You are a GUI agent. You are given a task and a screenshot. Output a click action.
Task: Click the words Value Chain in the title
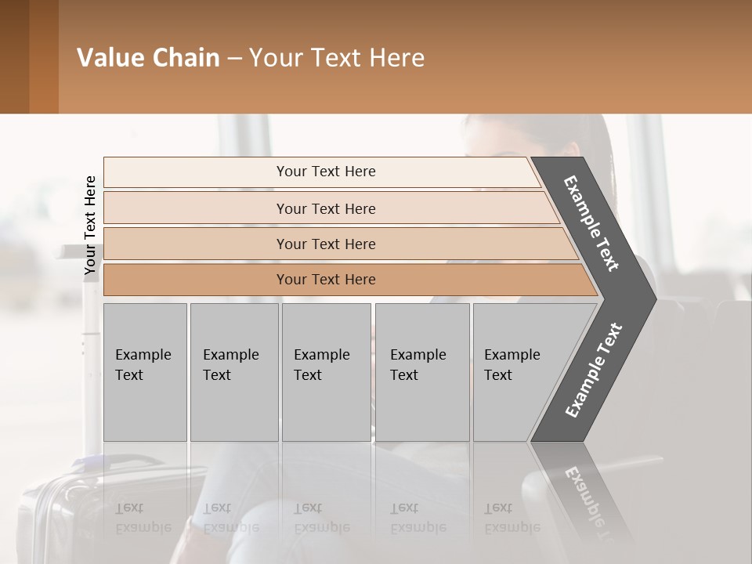coord(148,58)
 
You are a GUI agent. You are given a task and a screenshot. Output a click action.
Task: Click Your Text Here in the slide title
coord(337,58)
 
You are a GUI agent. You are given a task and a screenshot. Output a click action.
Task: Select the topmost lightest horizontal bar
coord(325,172)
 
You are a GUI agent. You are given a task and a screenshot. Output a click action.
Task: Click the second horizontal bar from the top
coord(325,208)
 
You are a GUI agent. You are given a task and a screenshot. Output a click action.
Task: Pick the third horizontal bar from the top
coord(325,244)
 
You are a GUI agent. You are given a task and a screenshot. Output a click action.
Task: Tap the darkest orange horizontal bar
coord(325,280)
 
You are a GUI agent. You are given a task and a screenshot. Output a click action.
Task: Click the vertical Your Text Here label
coord(90,225)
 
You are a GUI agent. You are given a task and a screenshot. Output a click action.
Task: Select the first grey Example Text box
coord(145,371)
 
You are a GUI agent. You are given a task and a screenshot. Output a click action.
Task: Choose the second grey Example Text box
coord(233,371)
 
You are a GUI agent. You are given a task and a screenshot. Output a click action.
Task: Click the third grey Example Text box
coord(326,371)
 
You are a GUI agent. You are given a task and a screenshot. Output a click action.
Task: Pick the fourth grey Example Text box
coord(422,371)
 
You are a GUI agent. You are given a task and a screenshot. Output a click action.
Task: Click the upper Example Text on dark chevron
coord(591,223)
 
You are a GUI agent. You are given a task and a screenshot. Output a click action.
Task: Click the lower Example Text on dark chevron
coord(594,371)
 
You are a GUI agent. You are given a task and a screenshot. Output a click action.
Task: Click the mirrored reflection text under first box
coord(143,518)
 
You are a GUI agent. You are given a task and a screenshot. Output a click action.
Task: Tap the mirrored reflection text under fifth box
coord(512,518)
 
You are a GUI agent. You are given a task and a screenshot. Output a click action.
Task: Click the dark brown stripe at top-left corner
coord(14,56)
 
